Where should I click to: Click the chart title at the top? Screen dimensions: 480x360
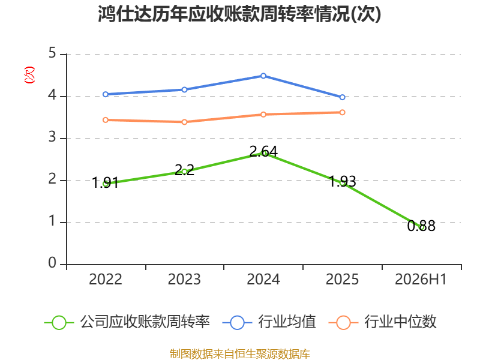(239, 14)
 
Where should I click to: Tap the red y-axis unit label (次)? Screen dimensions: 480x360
(29, 75)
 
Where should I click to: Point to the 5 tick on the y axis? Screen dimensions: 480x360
(52, 53)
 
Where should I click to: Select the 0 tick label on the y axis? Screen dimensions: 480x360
(52, 263)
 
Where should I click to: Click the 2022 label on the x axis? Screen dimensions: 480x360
(106, 279)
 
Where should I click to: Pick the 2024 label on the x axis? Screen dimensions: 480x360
(263, 279)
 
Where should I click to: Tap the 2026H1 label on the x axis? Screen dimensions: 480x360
(421, 279)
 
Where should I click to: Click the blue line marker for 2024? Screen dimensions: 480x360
(263, 76)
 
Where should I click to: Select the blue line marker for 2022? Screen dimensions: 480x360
(106, 94)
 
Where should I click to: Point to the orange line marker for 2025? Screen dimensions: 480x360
(342, 112)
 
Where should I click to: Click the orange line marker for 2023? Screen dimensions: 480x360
(184, 122)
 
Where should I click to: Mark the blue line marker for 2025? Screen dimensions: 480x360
(342, 97)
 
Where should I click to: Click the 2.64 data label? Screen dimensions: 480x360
(263, 151)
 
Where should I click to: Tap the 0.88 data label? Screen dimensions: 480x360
(421, 226)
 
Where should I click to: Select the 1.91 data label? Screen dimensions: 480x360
(106, 183)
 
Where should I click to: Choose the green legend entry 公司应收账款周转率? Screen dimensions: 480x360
(127, 322)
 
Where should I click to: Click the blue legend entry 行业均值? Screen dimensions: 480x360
(269, 322)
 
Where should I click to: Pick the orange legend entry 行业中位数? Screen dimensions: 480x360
(382, 322)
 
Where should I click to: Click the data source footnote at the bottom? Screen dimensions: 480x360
(240, 353)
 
